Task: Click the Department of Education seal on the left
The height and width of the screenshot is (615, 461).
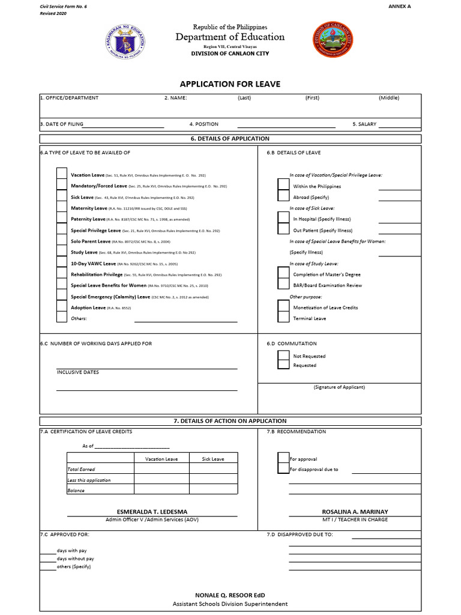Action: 125,40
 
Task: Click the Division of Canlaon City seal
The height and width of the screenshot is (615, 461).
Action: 334,40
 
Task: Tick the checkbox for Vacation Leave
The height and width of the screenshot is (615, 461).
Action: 61,175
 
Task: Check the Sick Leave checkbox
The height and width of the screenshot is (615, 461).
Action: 61,197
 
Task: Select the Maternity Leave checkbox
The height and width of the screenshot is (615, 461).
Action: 61,208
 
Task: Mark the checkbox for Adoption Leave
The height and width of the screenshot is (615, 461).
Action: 61,307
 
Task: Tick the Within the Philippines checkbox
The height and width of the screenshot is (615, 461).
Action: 283,186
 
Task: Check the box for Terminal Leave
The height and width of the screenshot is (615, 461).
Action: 283,318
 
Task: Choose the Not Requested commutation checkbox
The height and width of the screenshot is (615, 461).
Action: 283,356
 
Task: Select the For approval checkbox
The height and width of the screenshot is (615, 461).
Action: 283,459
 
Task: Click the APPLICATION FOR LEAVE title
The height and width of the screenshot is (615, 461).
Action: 230,84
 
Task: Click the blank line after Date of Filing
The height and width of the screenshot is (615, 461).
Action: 124,125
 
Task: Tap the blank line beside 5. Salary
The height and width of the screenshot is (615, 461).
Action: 396,125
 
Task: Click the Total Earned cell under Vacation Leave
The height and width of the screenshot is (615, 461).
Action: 161,469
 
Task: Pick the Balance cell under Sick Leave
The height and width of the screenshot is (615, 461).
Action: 212,490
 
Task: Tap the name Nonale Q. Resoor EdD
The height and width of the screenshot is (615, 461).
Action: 230,595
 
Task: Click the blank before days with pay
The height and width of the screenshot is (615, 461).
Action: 47,551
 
